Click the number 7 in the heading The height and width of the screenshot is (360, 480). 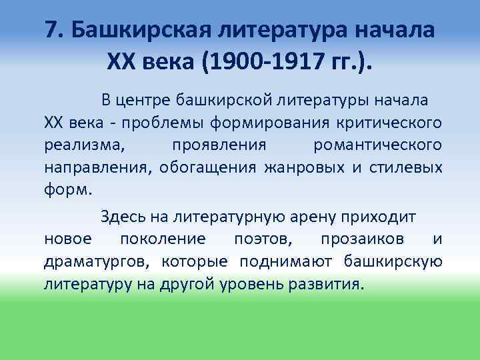point(53,30)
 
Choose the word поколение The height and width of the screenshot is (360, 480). point(163,239)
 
